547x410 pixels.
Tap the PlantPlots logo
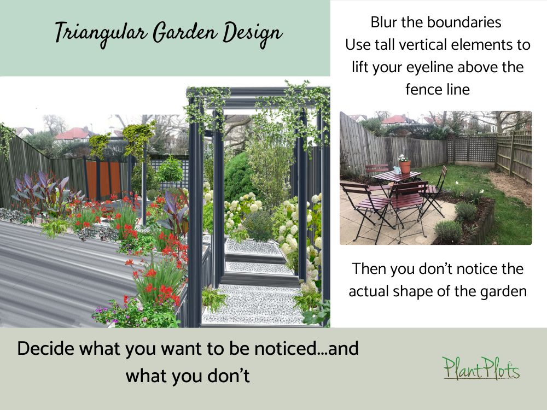pos(481,368)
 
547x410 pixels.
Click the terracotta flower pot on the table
pos(405,166)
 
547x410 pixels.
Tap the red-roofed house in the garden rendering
pos(75,133)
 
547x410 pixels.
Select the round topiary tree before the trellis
pos(170,169)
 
